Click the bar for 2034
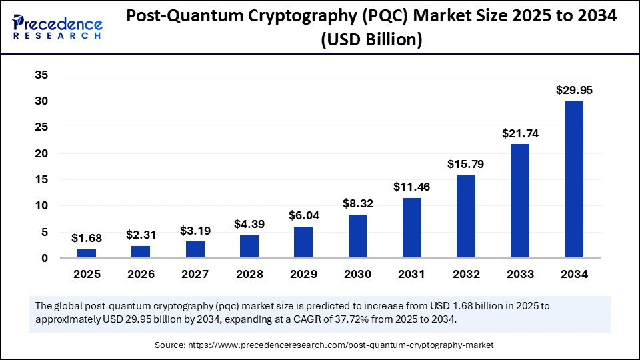pos(574,179)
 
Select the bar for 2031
pos(411,227)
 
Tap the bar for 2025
pos(86,253)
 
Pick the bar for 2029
pos(303,242)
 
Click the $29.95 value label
pos(574,90)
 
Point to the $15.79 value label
pos(465,164)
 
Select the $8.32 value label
pos(357,203)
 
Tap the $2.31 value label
pos(141,235)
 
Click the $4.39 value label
pos(249,224)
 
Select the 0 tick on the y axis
pos(45,258)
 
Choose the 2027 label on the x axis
pos(195,273)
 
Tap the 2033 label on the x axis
pos(519,273)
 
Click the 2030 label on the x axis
pos(357,273)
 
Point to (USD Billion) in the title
pos(371,40)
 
